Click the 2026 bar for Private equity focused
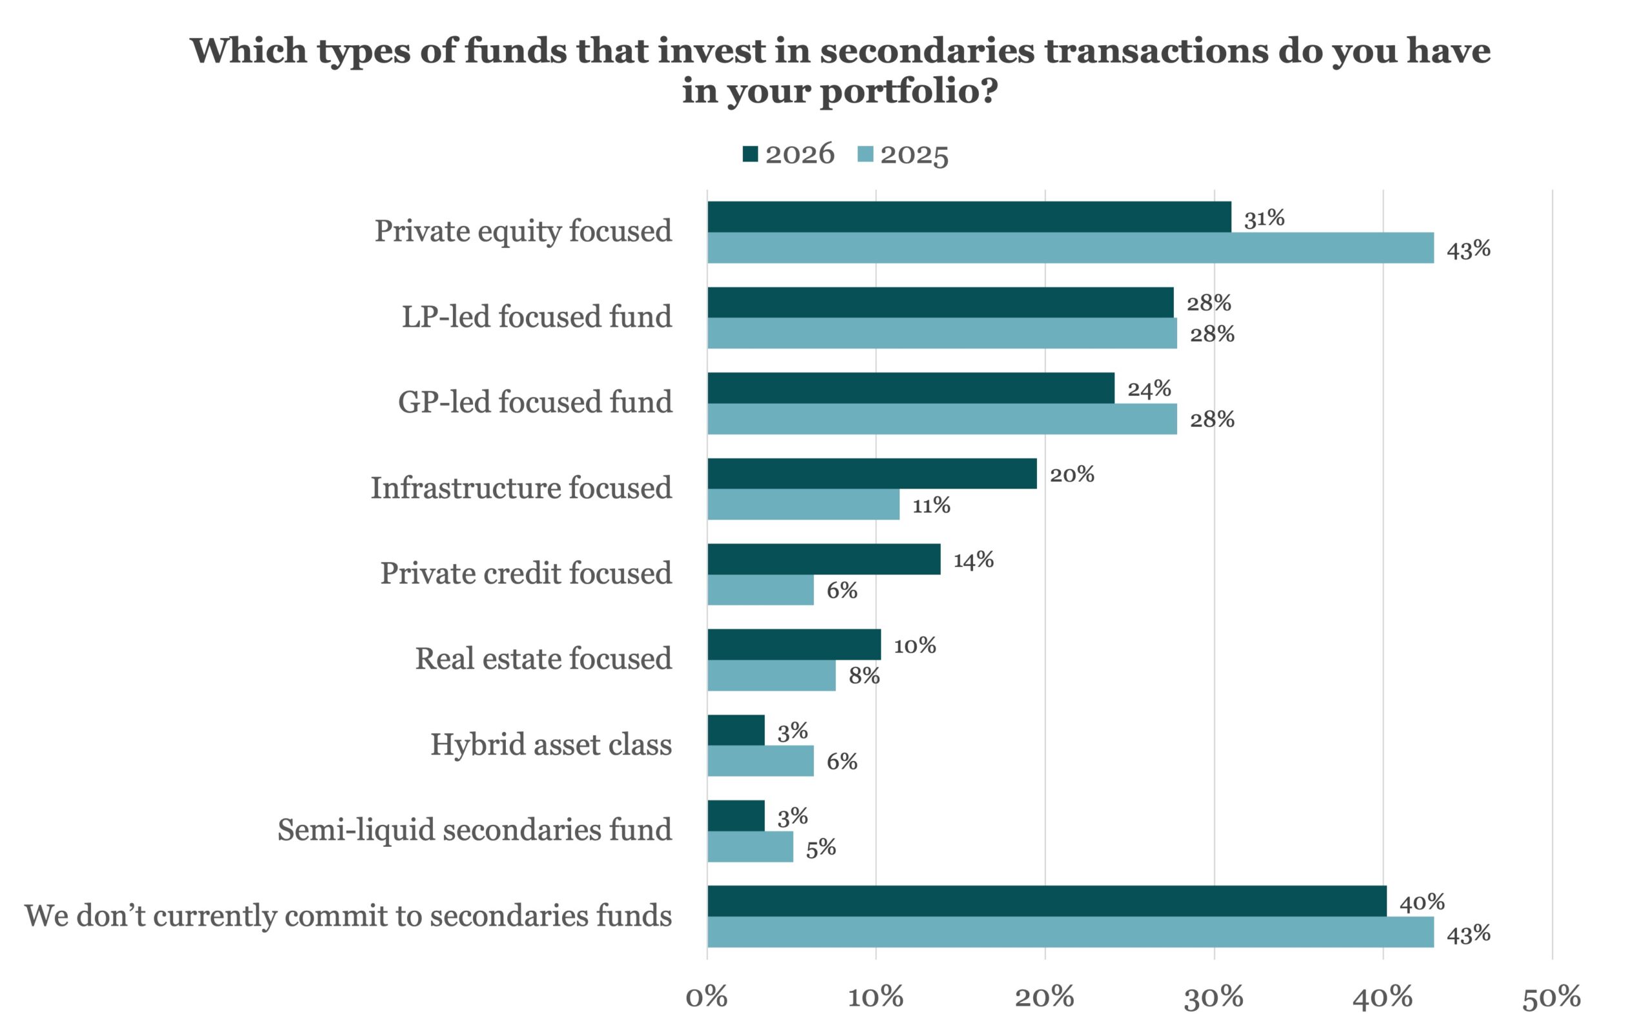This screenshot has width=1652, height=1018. click(x=969, y=217)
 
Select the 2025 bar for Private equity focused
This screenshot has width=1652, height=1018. click(x=1070, y=248)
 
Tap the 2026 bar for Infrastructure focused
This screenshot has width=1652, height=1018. click(x=872, y=473)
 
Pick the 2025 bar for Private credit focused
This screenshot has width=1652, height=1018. click(x=760, y=590)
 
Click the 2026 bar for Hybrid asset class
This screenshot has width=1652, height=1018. click(x=736, y=730)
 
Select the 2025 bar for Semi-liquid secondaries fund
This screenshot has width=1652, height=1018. click(x=750, y=847)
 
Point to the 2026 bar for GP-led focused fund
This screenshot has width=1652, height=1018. click(x=911, y=388)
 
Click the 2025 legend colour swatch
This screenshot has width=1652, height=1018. click(x=865, y=154)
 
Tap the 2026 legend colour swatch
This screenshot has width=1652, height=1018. click(x=750, y=154)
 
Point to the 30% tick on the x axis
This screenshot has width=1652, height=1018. click(x=1214, y=997)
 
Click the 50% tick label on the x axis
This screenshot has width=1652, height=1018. click(x=1552, y=997)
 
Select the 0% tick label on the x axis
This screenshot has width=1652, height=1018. click(x=707, y=997)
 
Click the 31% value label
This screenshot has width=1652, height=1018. click(x=1264, y=218)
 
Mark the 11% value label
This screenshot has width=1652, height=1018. click(x=931, y=505)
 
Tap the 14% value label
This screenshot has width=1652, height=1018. click(x=973, y=560)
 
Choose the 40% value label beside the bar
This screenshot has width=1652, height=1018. click(x=1422, y=902)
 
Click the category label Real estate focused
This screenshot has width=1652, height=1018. click(x=543, y=658)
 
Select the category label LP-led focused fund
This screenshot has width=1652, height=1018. click(x=536, y=316)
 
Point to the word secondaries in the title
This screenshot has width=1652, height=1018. click(x=927, y=50)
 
